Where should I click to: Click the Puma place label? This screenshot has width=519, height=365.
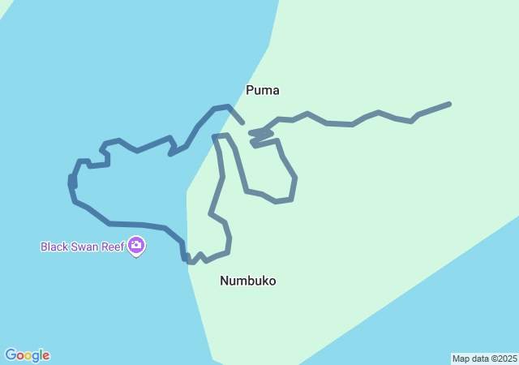pyautogui.click(x=263, y=90)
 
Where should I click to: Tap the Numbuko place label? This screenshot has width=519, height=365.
pyautogui.click(x=247, y=281)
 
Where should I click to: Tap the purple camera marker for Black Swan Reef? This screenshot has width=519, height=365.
pyautogui.click(x=136, y=245)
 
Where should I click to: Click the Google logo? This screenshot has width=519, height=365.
pyautogui.click(x=27, y=355)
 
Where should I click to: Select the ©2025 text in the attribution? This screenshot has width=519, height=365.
pyautogui.click(x=505, y=359)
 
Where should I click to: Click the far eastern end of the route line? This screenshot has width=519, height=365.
pyautogui.click(x=448, y=104)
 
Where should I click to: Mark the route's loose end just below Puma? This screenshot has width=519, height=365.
pyautogui.click(x=242, y=122)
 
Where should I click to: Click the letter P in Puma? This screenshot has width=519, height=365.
pyautogui.click(x=251, y=90)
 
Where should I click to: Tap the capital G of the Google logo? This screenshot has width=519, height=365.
pyautogui.click(x=10, y=355)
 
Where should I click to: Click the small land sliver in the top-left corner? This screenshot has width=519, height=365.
pyautogui.click(x=4, y=6)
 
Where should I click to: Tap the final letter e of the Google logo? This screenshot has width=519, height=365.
pyautogui.click(x=45, y=356)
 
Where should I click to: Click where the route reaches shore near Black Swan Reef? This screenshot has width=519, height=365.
pyautogui.click(x=189, y=260)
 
